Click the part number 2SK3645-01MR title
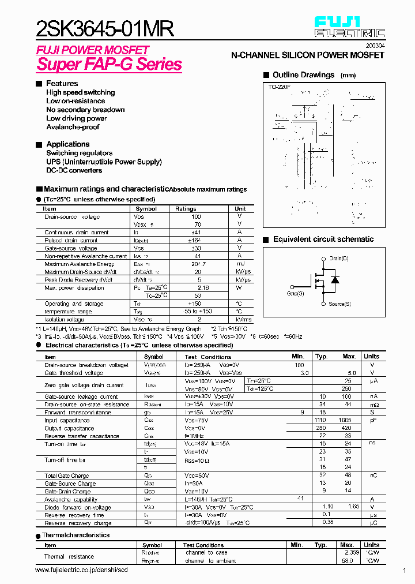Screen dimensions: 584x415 click(104, 29)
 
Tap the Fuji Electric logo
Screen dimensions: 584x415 click(349, 27)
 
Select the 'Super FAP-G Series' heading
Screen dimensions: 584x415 click(110, 64)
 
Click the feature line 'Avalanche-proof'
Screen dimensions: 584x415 click(73, 127)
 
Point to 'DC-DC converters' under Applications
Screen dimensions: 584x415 click(74, 170)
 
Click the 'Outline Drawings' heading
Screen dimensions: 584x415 click(303, 75)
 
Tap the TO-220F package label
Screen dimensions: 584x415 click(279, 87)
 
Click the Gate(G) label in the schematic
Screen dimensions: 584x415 click(295, 293)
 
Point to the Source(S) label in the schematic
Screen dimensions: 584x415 click(340, 304)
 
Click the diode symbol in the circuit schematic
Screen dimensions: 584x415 click(335, 280)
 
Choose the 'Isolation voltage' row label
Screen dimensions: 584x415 click(64, 319)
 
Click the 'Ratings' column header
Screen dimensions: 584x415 click(186, 209)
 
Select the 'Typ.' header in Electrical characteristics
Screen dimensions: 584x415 click(322, 357)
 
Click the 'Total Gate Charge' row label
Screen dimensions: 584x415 click(67, 476)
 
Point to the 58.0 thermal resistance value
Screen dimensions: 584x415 click(347, 560)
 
